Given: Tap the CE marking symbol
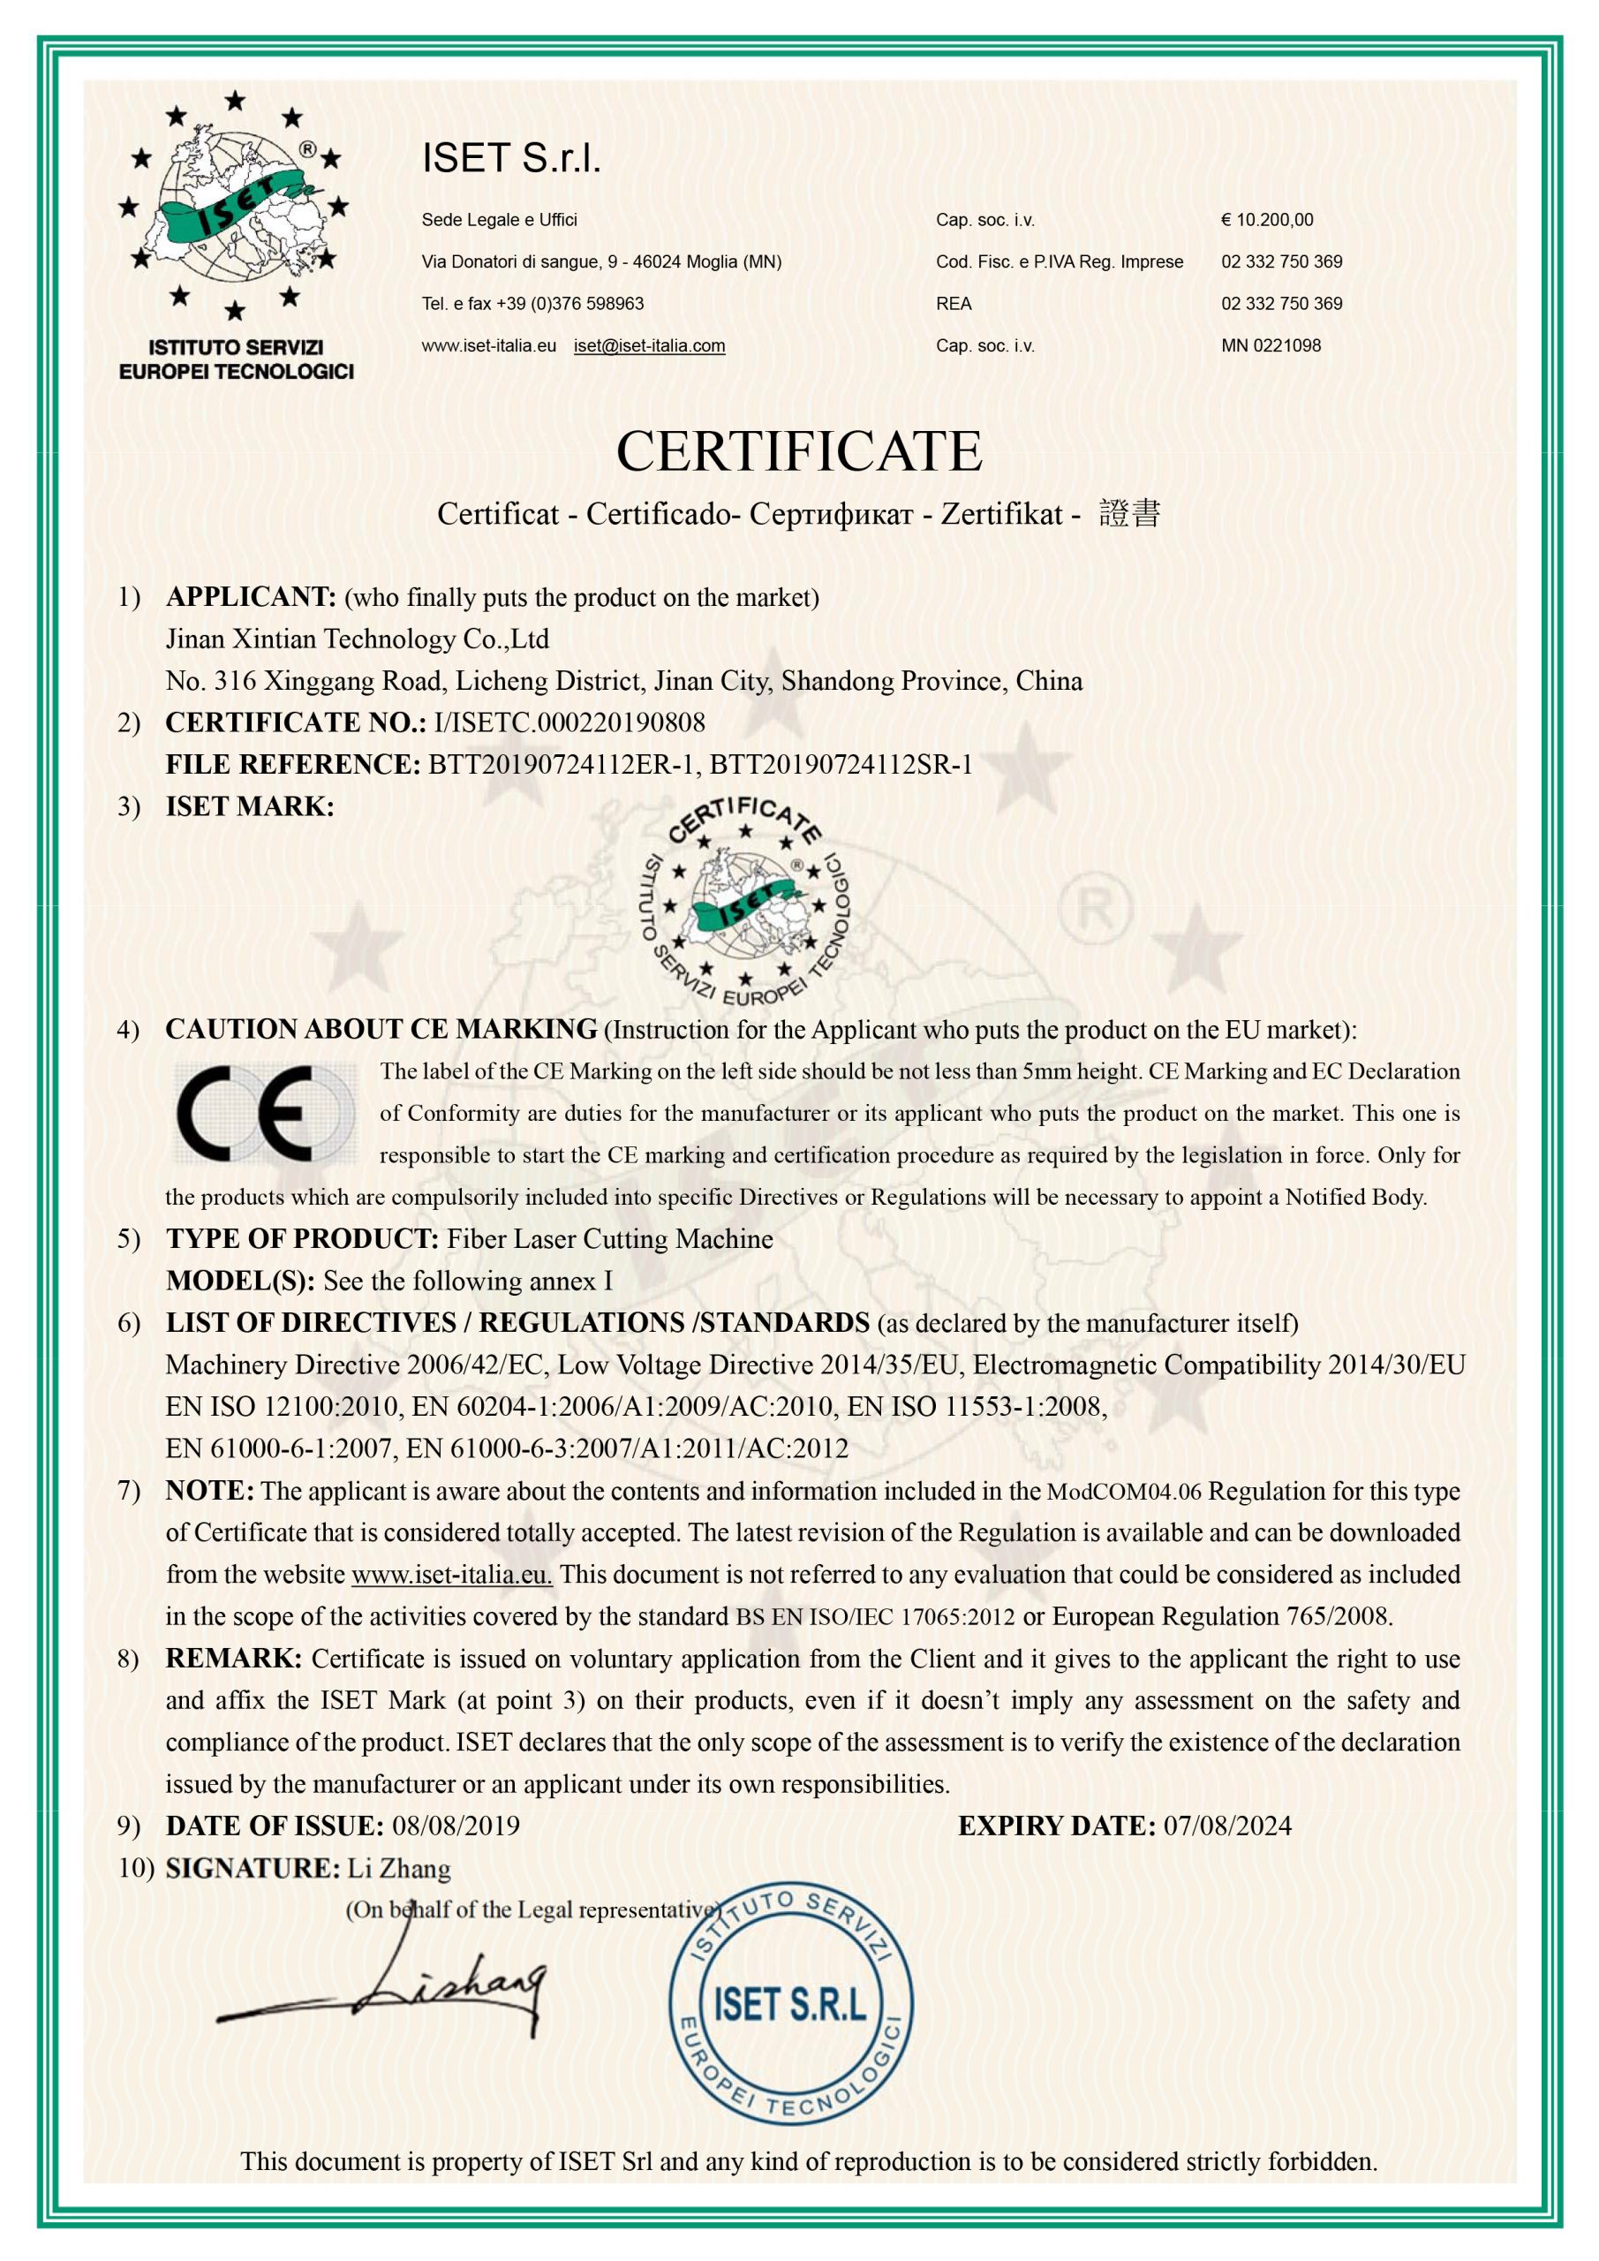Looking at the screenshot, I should pos(264,1113).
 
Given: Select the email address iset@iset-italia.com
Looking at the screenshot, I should pos(649,345).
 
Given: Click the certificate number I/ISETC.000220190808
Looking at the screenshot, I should pos(569,722).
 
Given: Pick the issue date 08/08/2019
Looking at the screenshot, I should pos(456,1826).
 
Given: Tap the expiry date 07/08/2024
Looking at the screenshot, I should pos(1226,1826).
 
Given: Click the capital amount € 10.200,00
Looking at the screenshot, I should pos(1266,220).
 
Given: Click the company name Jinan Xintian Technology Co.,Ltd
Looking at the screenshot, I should pos(358,639).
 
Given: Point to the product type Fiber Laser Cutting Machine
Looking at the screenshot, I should pos(609,1239).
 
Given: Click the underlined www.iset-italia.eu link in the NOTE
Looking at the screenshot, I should pos(452,1575).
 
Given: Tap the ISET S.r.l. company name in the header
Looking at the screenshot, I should pos(511,157).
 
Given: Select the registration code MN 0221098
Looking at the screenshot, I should pos(1271,345).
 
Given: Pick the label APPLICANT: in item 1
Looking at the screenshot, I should pos(251,597).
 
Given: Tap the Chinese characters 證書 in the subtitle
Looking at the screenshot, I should pos(1129,513).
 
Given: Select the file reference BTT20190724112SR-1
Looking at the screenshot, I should pos(841,765).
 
